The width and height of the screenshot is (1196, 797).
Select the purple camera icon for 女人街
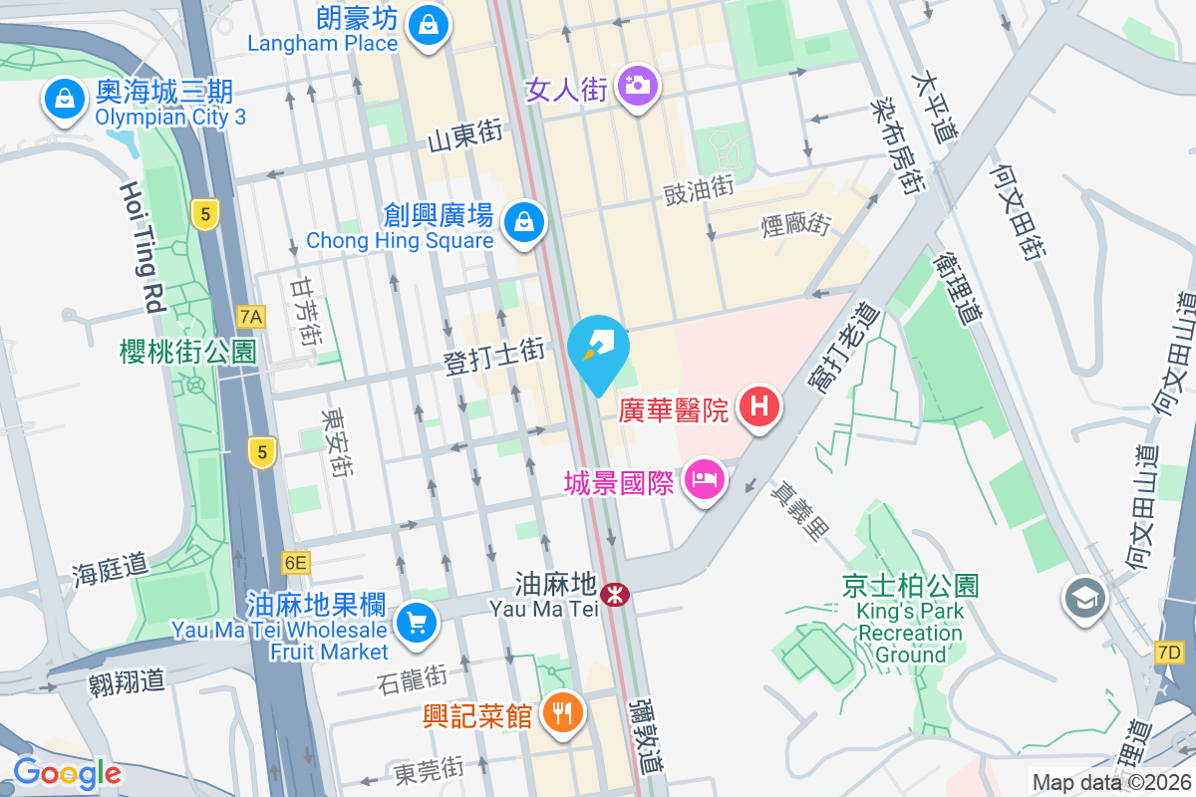pyautogui.click(x=636, y=85)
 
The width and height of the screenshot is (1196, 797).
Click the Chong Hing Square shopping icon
pyautogui.click(x=523, y=221)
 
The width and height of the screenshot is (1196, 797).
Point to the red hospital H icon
pyautogui.click(x=759, y=406)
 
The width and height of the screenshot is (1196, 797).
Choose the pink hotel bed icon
pyautogui.click(x=705, y=481)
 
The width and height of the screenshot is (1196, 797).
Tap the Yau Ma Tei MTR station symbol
pyautogui.click(x=617, y=595)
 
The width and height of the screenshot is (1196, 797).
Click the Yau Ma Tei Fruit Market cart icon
pyautogui.click(x=415, y=624)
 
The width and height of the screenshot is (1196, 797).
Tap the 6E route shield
pyautogui.click(x=295, y=563)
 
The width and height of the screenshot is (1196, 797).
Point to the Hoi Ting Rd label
pyautogui.click(x=143, y=247)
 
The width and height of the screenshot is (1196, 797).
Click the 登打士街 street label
pyautogui.click(x=494, y=355)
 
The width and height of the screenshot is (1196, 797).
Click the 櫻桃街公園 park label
pyautogui.click(x=186, y=351)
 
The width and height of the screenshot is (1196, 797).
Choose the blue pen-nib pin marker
pyautogui.click(x=598, y=351)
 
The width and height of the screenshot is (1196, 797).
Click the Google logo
pyautogui.click(x=67, y=773)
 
